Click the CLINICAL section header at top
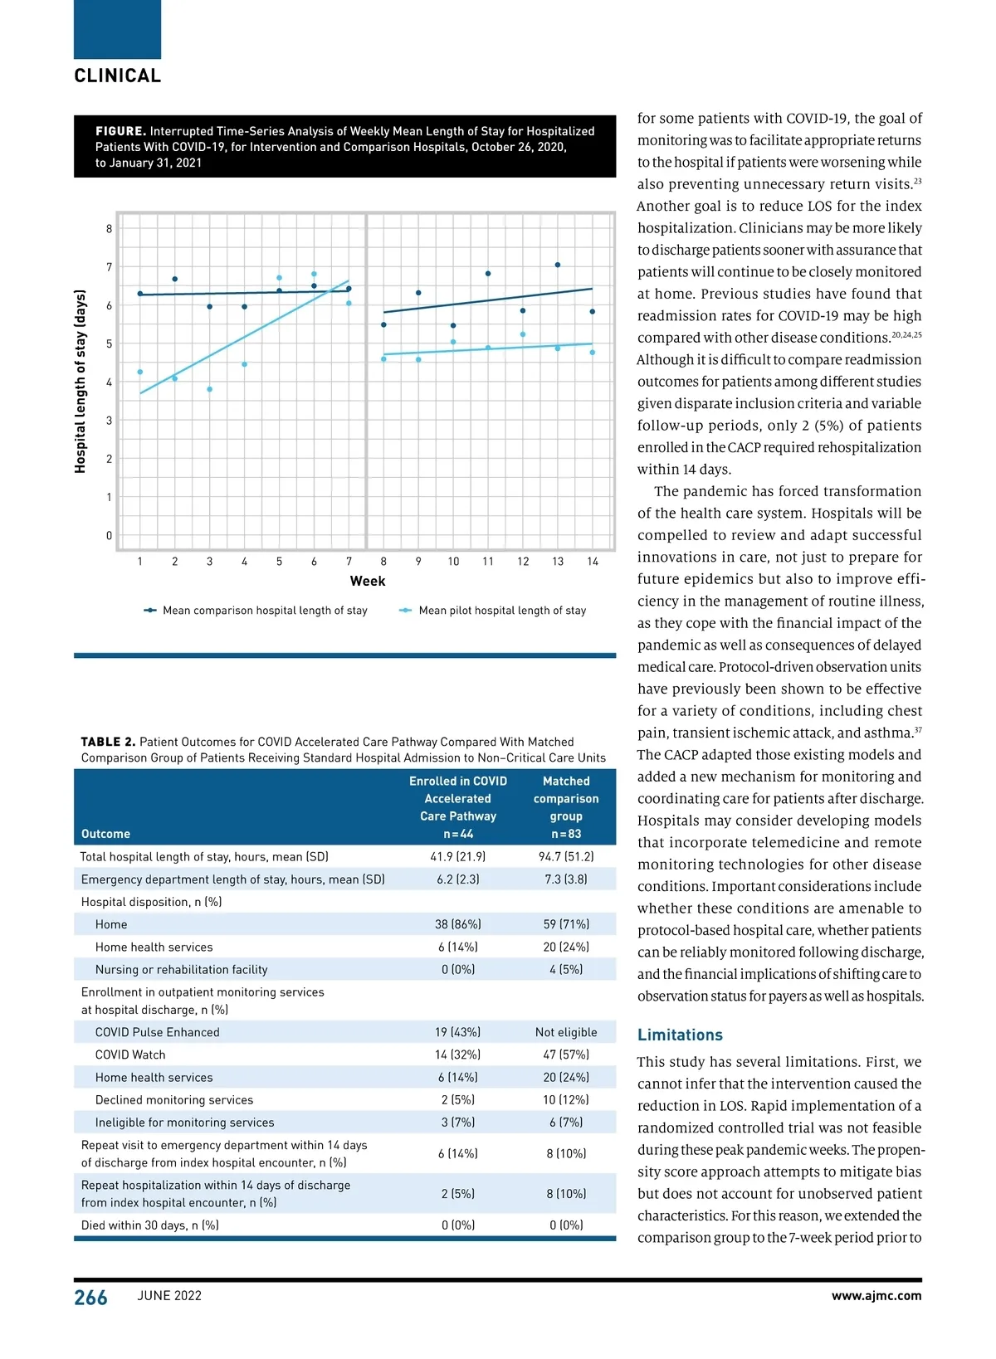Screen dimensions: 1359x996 [x=118, y=75]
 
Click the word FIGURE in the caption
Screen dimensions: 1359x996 [x=120, y=131]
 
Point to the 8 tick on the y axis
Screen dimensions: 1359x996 [x=109, y=229]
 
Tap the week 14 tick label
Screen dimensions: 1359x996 [x=593, y=562]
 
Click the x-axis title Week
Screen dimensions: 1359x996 [x=367, y=581]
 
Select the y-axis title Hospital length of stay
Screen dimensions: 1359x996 [x=81, y=382]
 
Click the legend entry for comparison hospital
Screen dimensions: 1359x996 [x=256, y=611]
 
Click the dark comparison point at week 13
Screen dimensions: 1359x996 [x=558, y=265]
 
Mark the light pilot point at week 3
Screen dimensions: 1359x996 [x=210, y=389]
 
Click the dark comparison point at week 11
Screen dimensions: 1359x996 [x=488, y=273]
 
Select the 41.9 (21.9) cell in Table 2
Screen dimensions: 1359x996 [x=458, y=856]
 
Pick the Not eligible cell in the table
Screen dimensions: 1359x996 [x=566, y=1032]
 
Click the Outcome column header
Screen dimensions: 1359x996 [x=105, y=834]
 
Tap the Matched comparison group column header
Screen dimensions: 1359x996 [x=566, y=807]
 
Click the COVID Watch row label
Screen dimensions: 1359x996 [x=130, y=1055]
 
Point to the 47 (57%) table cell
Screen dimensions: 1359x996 [x=566, y=1055]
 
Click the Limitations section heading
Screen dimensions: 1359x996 [x=680, y=1035]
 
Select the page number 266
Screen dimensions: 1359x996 [x=90, y=1298]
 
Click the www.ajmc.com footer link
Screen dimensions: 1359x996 [x=876, y=1296]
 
